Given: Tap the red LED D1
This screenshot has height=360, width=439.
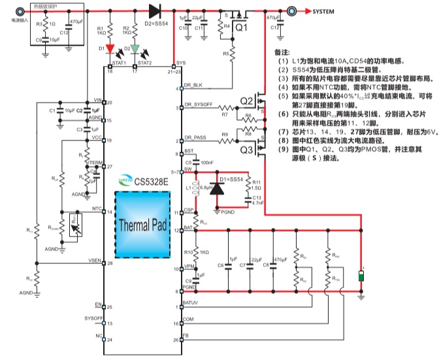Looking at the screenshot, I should tap(110, 48).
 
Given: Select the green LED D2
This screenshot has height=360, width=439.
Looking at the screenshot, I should tap(135, 48).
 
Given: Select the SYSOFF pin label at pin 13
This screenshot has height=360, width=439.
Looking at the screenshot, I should tap(94, 318).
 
